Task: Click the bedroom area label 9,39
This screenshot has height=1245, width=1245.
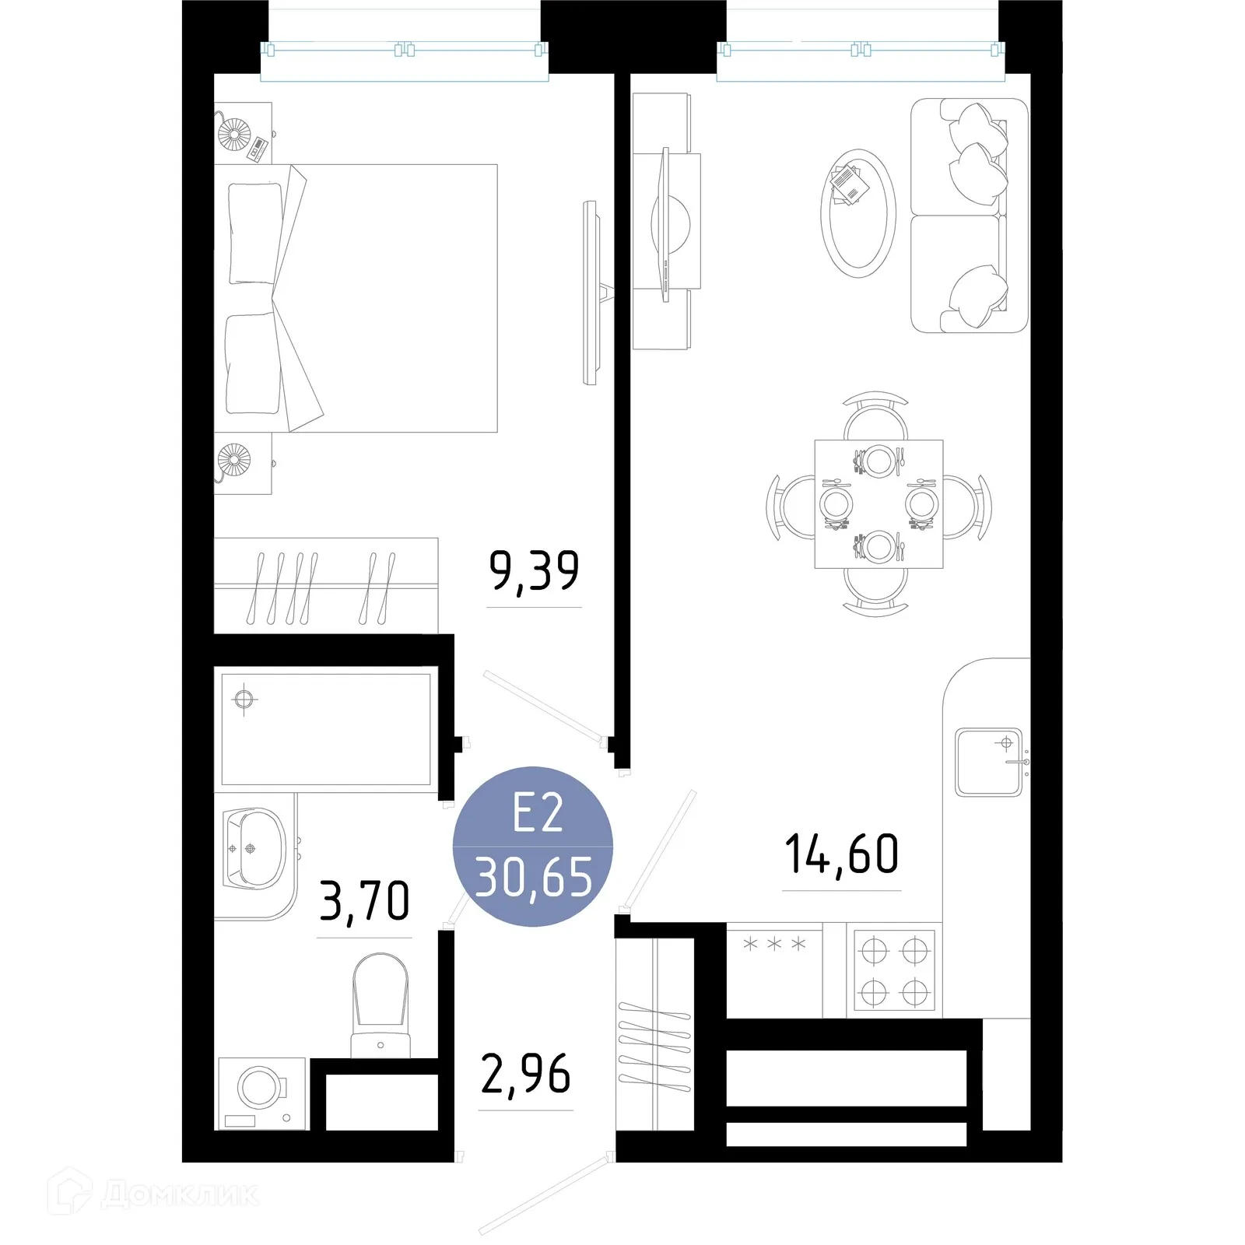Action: point(534,571)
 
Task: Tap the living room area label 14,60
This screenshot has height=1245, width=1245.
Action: point(841,854)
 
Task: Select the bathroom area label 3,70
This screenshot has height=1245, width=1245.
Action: point(364,901)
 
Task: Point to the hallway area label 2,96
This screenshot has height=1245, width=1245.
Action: point(525,1075)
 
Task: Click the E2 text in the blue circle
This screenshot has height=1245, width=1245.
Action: point(537,815)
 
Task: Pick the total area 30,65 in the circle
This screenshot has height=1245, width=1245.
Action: point(534,878)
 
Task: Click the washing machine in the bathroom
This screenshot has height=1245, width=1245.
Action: point(261,1092)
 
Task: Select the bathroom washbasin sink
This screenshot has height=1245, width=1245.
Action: point(254,848)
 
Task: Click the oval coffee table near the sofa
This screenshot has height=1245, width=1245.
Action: point(857,213)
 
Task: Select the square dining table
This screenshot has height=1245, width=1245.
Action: point(879,503)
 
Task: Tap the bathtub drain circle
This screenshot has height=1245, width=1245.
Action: point(244,699)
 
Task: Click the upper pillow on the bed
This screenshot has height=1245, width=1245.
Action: point(254,233)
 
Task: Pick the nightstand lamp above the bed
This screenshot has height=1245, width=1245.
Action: point(234,134)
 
